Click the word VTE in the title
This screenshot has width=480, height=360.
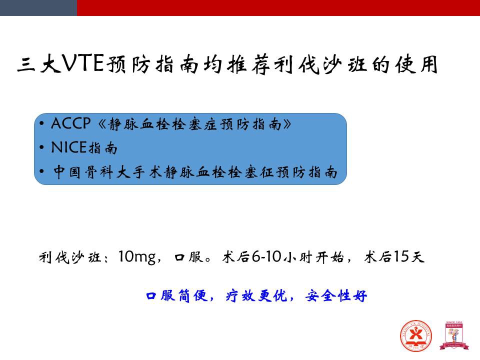83,63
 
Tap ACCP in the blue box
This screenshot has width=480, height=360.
71,123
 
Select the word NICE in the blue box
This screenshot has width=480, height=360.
69,147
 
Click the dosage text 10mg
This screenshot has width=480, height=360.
137,257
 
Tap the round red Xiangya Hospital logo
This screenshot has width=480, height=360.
416,336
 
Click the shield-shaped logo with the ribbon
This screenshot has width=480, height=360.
454,335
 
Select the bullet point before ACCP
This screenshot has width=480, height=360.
41,123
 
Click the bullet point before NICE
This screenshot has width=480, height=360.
41,147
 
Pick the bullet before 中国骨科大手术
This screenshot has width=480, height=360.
41,171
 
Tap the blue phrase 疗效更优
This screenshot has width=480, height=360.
256,295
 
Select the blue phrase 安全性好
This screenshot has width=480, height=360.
336,295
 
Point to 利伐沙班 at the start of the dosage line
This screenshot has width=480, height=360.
70,257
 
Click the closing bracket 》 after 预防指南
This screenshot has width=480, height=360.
287,124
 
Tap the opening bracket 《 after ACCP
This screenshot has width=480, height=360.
102,124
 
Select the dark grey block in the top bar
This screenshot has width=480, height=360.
38,7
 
